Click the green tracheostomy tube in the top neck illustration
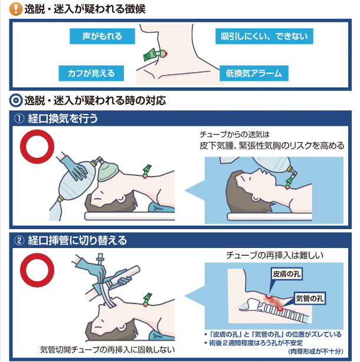pyautogui.click(x=152, y=54)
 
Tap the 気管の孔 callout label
pyautogui.click(x=310, y=298)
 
